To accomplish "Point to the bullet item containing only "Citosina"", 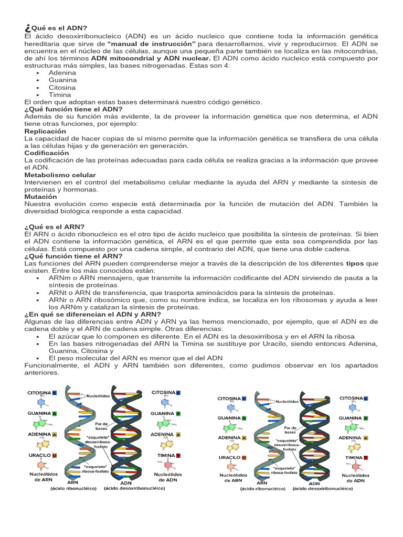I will pos(62,87).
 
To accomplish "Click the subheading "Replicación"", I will pos(46,131).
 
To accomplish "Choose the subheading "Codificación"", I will pos(47,153).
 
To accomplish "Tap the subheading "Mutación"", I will pos(40,196).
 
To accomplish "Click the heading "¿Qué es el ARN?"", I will pos(55,226).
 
